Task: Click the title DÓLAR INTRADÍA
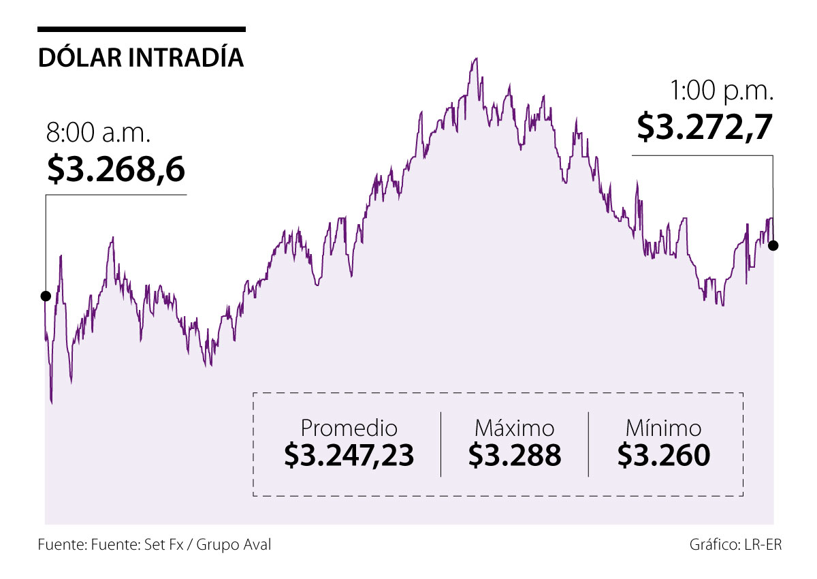(141, 58)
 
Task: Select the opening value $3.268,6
(116, 169)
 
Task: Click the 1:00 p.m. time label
(722, 91)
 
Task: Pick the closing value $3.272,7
(705, 127)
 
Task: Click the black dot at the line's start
(46, 296)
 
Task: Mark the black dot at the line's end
(773, 245)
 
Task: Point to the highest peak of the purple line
(475, 59)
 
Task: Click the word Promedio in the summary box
(349, 428)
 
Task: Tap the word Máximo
(514, 428)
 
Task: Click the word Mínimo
(663, 428)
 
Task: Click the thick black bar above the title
(141, 29)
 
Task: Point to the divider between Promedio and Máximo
(440, 443)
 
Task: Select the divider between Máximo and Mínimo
(588, 443)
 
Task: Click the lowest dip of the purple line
(51, 403)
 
